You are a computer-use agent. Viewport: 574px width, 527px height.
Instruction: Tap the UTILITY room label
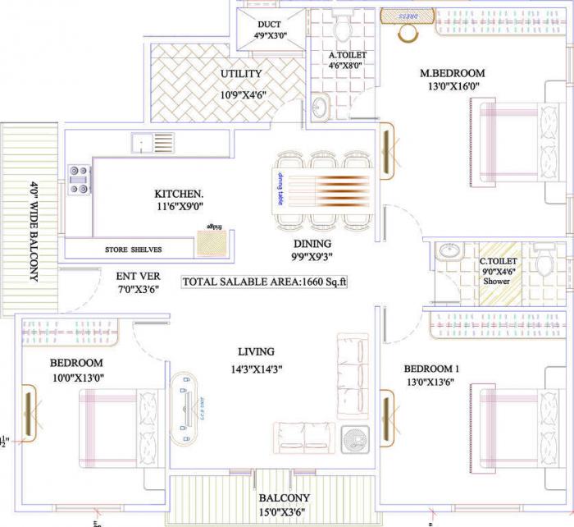(241, 75)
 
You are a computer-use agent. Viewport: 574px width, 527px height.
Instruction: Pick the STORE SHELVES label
(133, 250)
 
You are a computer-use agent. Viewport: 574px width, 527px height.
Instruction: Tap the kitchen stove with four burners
(79, 180)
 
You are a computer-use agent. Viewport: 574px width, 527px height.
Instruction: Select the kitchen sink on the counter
(153, 143)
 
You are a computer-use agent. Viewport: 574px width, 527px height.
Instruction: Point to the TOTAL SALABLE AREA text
(265, 282)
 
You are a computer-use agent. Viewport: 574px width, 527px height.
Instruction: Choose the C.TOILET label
(499, 263)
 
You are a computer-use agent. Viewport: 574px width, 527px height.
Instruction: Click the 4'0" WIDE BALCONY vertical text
(34, 231)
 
